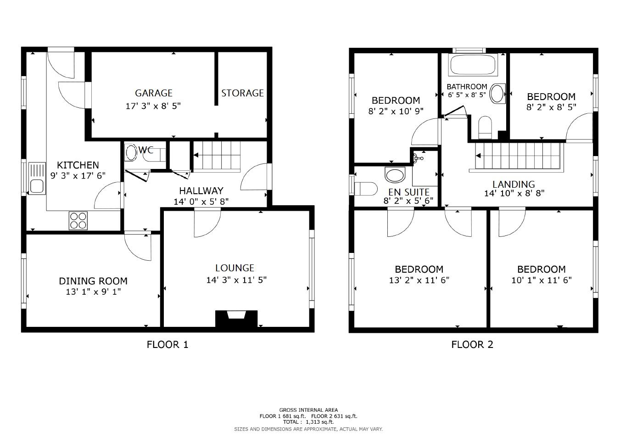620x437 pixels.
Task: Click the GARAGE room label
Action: click(153, 93)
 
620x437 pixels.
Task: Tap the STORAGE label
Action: click(242, 93)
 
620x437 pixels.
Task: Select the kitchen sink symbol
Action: click(37, 178)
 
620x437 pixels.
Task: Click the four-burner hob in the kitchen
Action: click(78, 220)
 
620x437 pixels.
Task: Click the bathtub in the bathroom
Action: click(473, 65)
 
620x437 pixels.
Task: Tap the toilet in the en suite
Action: click(367, 189)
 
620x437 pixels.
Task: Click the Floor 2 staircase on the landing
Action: click(519, 157)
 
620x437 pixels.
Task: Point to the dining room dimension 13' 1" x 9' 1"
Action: click(93, 291)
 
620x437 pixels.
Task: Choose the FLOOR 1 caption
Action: click(167, 344)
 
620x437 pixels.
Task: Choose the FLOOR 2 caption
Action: click(472, 344)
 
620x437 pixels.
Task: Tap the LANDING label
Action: click(514, 185)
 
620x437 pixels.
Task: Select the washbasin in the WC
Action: click(131, 153)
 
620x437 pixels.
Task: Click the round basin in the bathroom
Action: click(497, 93)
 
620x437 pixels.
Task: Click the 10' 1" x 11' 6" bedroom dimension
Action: click(541, 280)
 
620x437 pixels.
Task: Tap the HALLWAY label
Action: click(201, 191)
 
